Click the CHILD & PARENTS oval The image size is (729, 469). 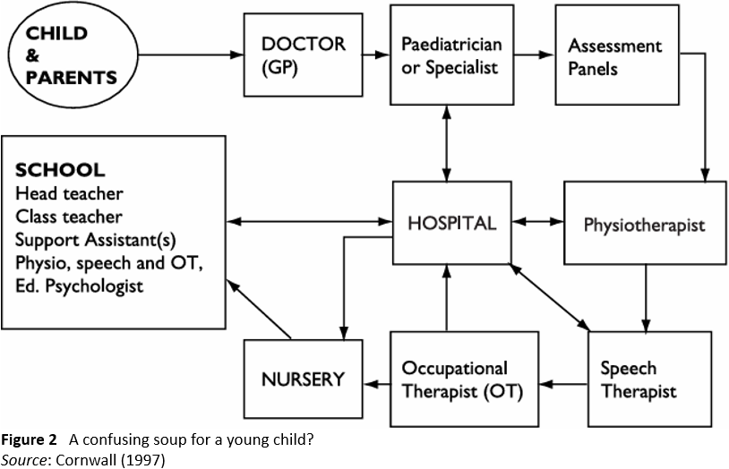73,55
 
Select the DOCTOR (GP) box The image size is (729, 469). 303,55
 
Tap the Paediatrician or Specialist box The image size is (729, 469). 452,55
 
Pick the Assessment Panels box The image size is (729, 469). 617,55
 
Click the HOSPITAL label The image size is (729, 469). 452,224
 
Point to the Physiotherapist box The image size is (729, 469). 645,223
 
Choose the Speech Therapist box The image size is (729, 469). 649,379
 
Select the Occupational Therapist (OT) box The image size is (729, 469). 465,379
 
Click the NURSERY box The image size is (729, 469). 303,379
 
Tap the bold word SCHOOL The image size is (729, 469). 60,170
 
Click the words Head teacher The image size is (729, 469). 69,193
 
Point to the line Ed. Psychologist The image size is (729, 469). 80,286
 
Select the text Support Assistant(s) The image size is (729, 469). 96,240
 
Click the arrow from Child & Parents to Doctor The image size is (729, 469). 191,55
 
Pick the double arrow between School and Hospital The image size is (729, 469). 310,222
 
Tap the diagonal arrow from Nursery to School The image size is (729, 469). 259,309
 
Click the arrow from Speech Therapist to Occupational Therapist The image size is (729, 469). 563,384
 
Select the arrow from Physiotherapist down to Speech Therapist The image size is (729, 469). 646,298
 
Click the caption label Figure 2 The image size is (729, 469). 29,439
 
